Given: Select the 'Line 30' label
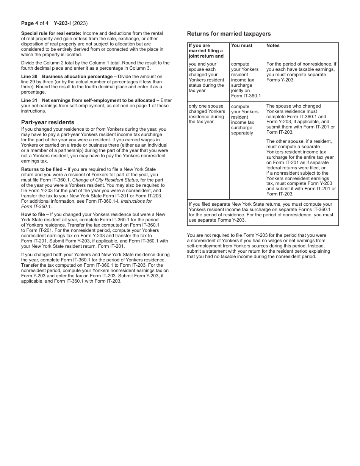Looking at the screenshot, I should point(29,77).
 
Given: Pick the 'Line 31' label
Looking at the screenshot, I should point(29,100).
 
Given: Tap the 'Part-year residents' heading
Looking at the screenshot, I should point(48,122).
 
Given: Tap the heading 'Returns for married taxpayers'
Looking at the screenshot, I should point(229,34).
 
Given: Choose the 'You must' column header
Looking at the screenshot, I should point(242,45).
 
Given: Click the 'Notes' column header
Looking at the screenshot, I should point(273,45).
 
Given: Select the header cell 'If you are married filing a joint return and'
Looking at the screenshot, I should point(206,51).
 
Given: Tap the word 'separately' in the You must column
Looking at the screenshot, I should point(242,133).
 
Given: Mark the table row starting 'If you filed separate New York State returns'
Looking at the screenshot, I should point(262,212).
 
